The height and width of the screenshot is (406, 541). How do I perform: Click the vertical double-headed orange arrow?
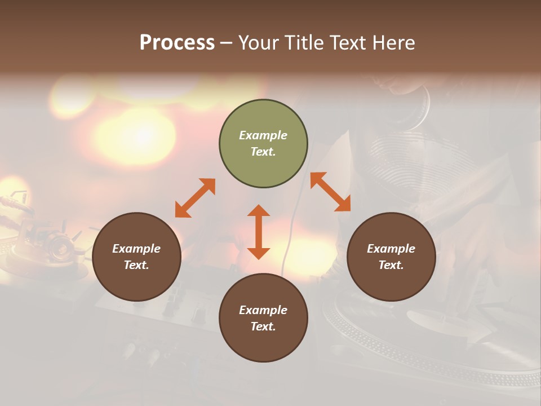pyautogui.click(x=259, y=232)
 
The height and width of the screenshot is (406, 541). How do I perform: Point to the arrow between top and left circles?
pyautogui.click(x=195, y=198)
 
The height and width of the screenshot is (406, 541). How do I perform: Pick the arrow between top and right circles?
pyautogui.click(x=330, y=192)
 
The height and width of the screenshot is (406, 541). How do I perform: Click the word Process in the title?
pyautogui.click(x=177, y=42)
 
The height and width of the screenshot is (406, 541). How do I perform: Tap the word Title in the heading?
pyautogui.click(x=303, y=42)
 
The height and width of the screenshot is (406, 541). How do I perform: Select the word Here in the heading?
pyautogui.click(x=394, y=42)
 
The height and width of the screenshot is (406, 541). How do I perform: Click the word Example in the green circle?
pyautogui.click(x=263, y=135)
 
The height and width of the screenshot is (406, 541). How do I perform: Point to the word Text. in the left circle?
pyautogui.click(x=136, y=265)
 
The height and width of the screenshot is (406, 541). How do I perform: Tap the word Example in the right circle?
pyautogui.click(x=391, y=249)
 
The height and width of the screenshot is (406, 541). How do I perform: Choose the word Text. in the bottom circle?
pyautogui.click(x=263, y=326)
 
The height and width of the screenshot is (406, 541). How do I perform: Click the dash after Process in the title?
pyautogui.click(x=227, y=43)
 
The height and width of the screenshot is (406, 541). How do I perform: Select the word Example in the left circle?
pyautogui.click(x=136, y=249)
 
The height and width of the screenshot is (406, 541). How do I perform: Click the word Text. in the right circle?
pyautogui.click(x=391, y=265)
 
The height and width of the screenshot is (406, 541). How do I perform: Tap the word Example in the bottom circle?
pyautogui.click(x=263, y=310)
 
